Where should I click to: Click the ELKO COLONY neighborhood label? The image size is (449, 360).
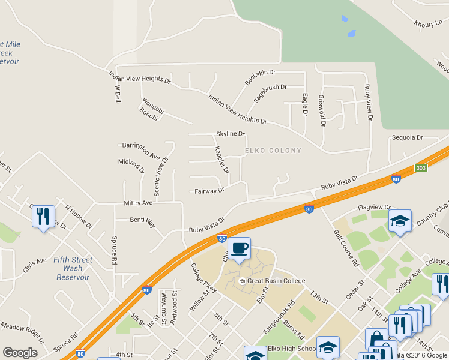click(273, 150)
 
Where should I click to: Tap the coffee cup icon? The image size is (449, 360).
click(239, 248)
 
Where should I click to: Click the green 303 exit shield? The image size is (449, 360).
click(421, 168)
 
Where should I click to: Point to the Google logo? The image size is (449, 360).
click(20, 353)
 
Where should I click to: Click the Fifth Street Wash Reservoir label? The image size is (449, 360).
click(73, 268)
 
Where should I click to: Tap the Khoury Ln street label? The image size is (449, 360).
click(427, 24)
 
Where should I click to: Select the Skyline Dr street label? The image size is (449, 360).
click(231, 134)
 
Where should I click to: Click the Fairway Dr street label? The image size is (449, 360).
click(209, 191)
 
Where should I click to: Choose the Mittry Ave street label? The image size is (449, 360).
click(138, 203)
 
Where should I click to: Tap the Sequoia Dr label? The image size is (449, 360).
click(408, 137)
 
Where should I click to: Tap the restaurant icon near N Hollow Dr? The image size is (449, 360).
click(43, 217)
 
